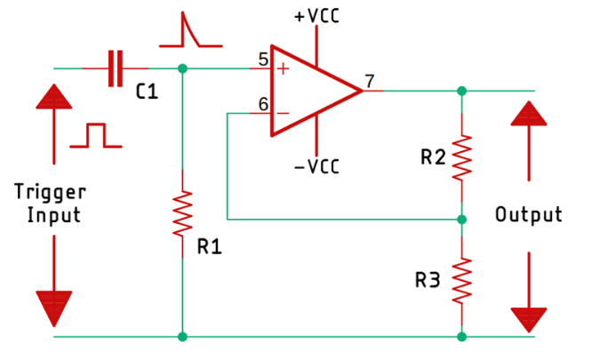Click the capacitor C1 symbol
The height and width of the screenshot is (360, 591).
pos(114,68)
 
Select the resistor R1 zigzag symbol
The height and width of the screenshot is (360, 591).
pos(182,212)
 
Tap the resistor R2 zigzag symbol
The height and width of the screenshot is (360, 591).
pos(461,157)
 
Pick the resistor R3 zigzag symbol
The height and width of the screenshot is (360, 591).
pos(461,279)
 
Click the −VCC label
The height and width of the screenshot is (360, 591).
pos(316,166)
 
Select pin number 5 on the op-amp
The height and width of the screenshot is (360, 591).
pos(263,60)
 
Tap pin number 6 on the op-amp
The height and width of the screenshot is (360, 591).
pos(263,104)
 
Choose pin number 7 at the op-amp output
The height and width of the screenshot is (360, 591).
pos(370,80)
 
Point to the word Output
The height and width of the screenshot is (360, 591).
pos(529,214)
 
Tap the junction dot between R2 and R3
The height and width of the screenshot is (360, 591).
pos(461,218)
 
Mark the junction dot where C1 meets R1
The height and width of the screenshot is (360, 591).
pos(182,68)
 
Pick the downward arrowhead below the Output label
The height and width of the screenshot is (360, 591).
pos(529,318)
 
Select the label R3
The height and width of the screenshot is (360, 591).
pos(427,280)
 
